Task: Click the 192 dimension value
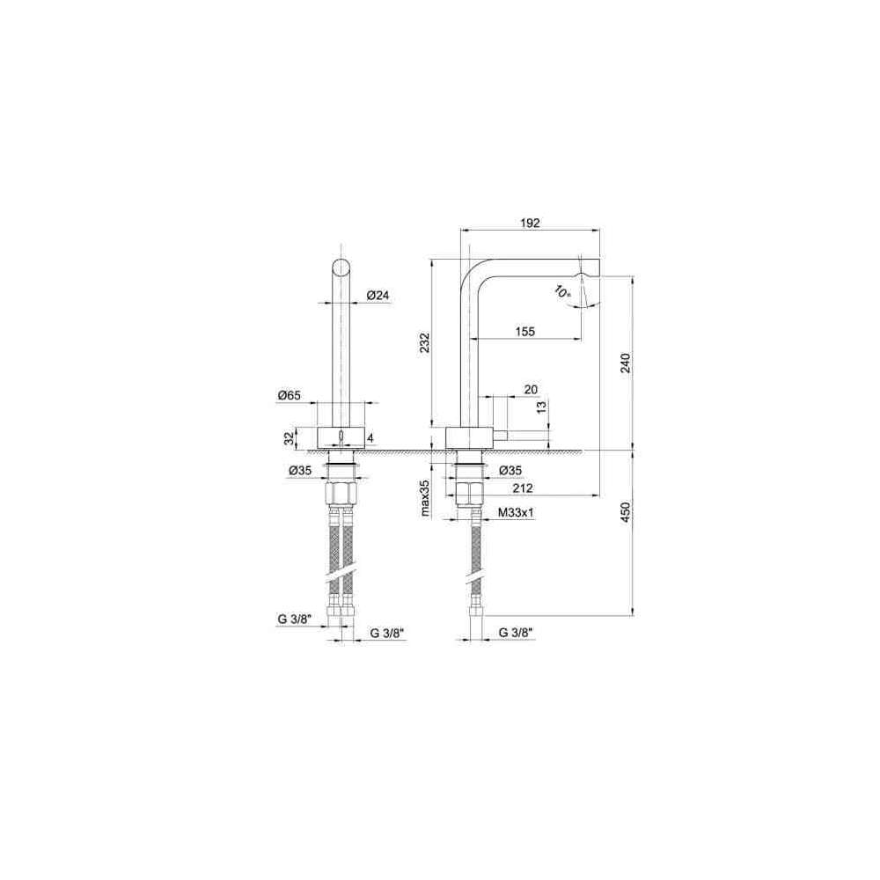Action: click(530, 223)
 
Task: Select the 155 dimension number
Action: click(524, 332)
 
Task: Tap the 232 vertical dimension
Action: click(425, 343)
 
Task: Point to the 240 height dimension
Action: click(626, 363)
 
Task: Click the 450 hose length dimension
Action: click(626, 511)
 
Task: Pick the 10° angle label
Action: click(561, 291)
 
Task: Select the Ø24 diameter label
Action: click(378, 295)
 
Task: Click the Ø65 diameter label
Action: click(289, 396)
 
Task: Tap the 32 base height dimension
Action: click(290, 438)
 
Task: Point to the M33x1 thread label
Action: click(516, 512)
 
